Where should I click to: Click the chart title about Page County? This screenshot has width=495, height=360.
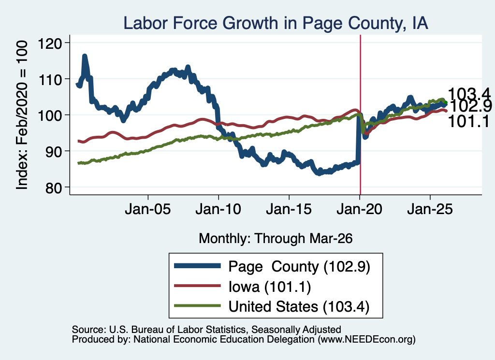point(276,23)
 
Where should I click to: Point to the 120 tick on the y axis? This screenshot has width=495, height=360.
point(50,43)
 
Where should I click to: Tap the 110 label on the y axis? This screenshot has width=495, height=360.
point(50,79)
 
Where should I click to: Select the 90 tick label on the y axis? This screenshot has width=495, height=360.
point(54,151)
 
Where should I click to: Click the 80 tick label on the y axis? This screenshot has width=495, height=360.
point(54,187)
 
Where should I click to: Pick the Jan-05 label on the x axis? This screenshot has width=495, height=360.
point(148,209)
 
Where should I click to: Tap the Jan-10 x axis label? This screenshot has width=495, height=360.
point(218,209)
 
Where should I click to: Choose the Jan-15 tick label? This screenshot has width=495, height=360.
point(289,209)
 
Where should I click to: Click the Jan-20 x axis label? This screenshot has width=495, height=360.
point(360,209)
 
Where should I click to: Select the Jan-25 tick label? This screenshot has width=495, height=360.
point(430,209)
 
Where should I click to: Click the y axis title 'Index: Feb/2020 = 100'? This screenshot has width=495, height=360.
point(22,115)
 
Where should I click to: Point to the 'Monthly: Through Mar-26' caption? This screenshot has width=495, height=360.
point(276,239)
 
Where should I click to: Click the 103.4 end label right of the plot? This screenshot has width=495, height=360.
point(469,94)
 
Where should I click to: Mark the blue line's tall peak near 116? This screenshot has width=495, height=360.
point(85,57)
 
